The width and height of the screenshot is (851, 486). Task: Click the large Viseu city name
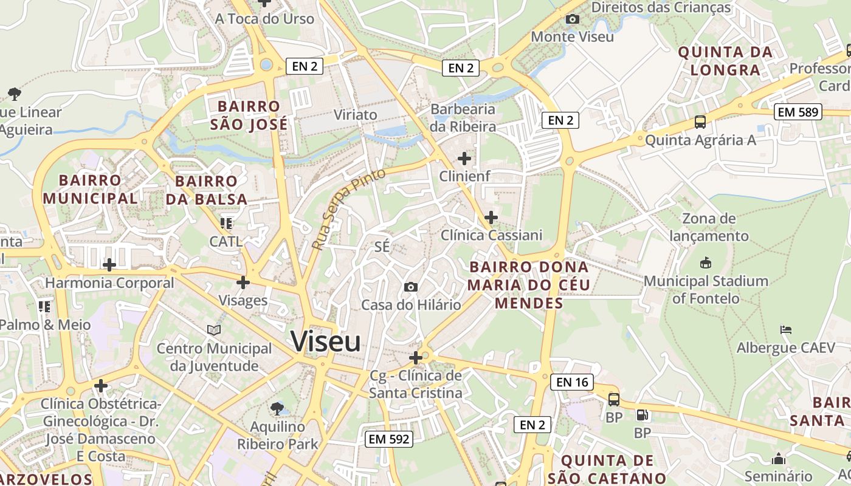coord(326,341)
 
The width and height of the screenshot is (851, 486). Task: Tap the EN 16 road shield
coord(572,382)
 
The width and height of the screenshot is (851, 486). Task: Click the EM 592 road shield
coord(389,439)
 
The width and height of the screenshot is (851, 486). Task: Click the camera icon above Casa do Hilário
coord(411,287)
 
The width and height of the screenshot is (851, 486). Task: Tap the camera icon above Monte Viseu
coord(572,19)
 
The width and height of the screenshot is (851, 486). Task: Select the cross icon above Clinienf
coord(464,159)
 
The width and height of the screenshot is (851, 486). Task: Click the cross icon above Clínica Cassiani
coord(491,217)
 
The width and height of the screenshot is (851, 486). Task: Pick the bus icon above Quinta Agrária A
coord(700,122)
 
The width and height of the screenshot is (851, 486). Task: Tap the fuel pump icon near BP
coord(642,416)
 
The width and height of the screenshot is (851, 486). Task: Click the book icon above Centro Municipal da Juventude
coord(214,330)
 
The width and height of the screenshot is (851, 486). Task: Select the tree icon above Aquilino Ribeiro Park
coord(277,408)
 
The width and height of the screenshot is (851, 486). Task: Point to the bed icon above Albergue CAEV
coord(786,330)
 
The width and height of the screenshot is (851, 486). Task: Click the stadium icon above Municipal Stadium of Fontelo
coord(706,263)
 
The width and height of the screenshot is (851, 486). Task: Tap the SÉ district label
coord(382,247)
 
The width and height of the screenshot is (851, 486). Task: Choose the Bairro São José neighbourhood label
coord(249,115)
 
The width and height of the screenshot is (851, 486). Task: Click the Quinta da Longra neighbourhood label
coord(725,61)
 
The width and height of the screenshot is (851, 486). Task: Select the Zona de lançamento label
coord(709,227)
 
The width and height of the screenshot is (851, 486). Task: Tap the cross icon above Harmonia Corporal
coord(109,265)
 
